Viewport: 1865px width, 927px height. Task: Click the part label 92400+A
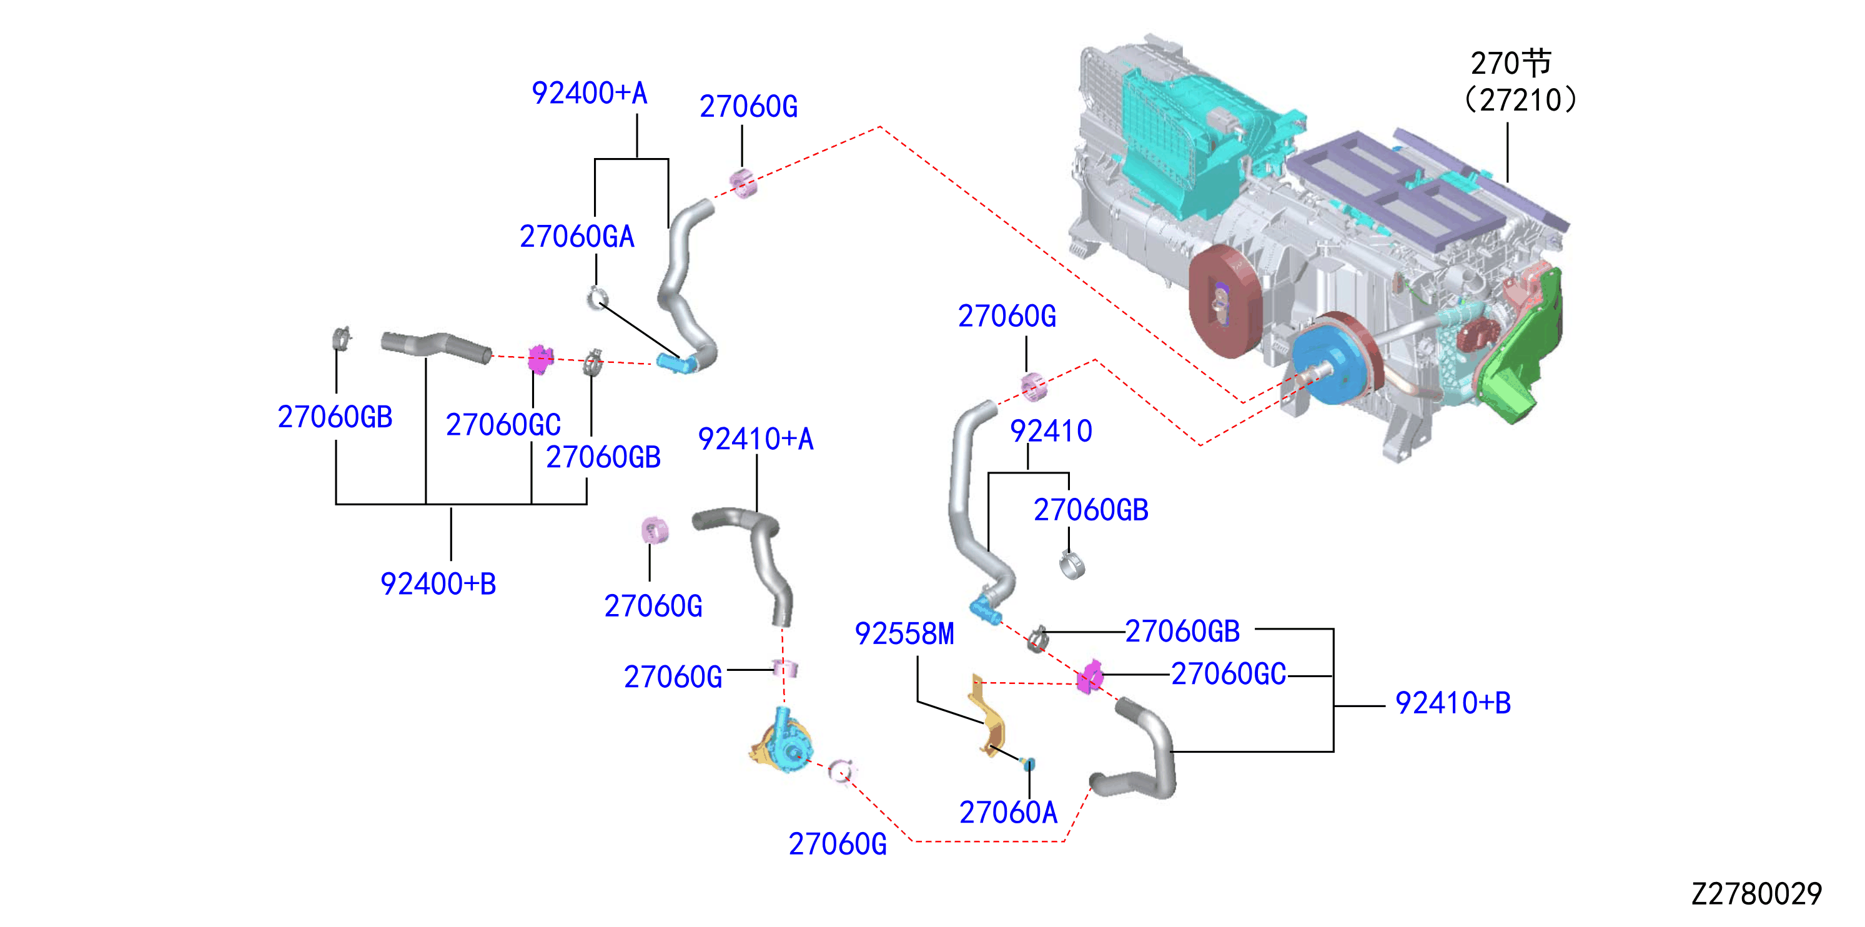point(590,92)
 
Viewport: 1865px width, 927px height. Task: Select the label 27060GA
point(577,237)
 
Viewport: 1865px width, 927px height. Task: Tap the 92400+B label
point(438,583)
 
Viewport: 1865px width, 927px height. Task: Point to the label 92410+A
point(755,439)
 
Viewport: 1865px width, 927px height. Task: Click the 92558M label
point(904,633)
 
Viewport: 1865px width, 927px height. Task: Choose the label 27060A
point(1009,813)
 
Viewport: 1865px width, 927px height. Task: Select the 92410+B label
point(1452,703)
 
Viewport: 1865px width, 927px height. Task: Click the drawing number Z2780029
point(1756,894)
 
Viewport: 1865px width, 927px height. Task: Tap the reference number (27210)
point(1520,100)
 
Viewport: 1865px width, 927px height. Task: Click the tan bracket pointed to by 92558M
point(987,715)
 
